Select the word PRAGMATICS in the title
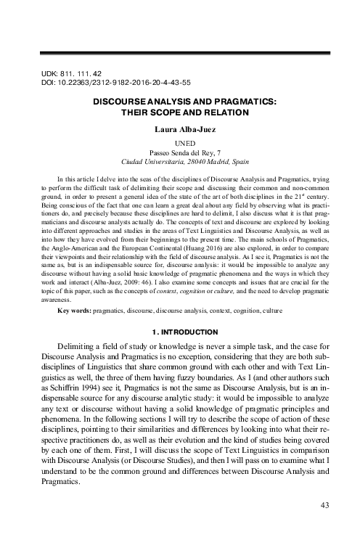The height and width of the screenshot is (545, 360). click(244, 102)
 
